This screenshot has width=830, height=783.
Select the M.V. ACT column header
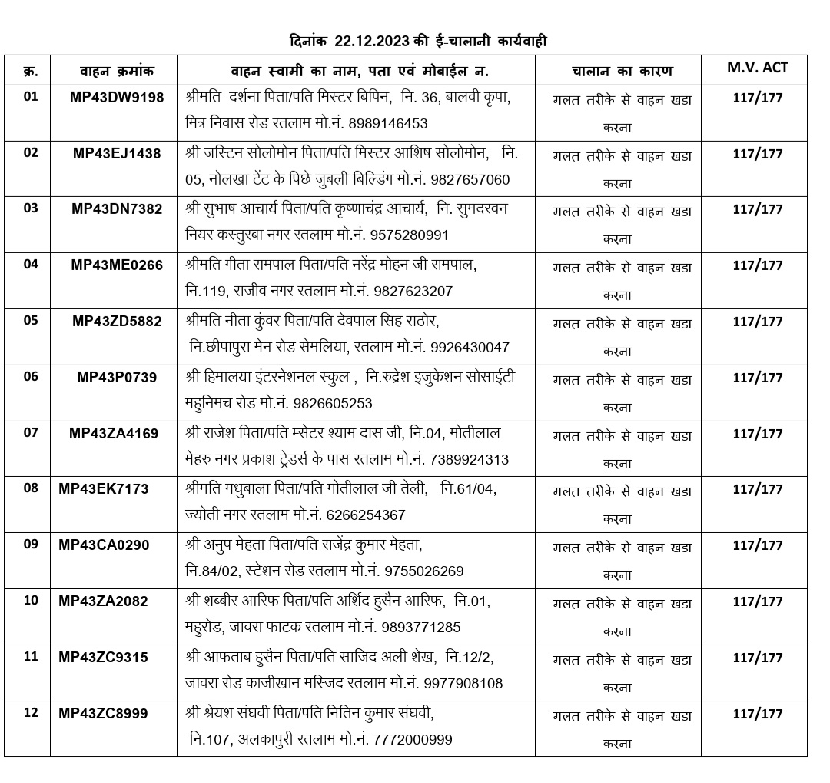[757, 68]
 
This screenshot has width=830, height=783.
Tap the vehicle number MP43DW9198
[117, 98]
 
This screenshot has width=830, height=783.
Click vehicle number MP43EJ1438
[117, 153]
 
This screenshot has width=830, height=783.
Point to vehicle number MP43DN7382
[117, 209]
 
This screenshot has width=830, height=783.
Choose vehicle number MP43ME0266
[117, 265]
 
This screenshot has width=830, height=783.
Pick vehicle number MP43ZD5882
[117, 322]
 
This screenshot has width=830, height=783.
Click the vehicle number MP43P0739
[117, 377]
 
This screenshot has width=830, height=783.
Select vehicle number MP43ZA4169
[114, 433]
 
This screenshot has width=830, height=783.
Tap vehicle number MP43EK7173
[104, 489]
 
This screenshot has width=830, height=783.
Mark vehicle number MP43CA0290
[104, 545]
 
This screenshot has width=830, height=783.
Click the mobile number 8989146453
[388, 123]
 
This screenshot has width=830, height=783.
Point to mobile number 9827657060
[470, 180]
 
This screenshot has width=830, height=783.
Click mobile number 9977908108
[463, 683]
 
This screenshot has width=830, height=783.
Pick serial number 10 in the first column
[31, 601]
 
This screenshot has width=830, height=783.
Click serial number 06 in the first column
[31, 377]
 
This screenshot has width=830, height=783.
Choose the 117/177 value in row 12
[757, 714]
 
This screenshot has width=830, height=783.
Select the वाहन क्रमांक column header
[117, 72]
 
